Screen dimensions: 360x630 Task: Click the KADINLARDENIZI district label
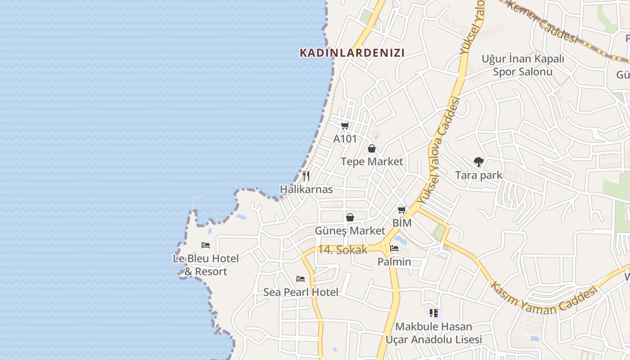[352, 53]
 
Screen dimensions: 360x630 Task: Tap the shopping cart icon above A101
[345, 126]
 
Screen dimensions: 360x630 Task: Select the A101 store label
[345, 139]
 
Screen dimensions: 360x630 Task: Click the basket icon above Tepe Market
[372, 148]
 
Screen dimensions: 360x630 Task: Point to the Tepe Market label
[372, 162]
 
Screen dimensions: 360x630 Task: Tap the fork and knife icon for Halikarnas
[306, 175]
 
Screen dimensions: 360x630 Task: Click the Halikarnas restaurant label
[306, 189]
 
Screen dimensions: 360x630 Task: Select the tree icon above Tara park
[478, 162]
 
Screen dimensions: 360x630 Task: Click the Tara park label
[478, 175]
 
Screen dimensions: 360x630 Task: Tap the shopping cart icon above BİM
[402, 210]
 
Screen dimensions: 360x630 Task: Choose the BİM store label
[402, 223]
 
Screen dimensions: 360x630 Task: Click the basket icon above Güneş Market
[350, 218]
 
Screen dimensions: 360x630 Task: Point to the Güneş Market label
[350, 231]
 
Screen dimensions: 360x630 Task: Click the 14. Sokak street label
[342, 250]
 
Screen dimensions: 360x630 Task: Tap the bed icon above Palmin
[394, 248]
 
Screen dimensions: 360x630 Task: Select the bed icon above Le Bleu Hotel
[206, 245]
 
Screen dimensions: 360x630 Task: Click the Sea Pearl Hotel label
[301, 292]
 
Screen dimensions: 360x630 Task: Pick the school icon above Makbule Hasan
[434, 313]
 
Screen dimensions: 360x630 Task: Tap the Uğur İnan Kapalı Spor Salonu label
[522, 65]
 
